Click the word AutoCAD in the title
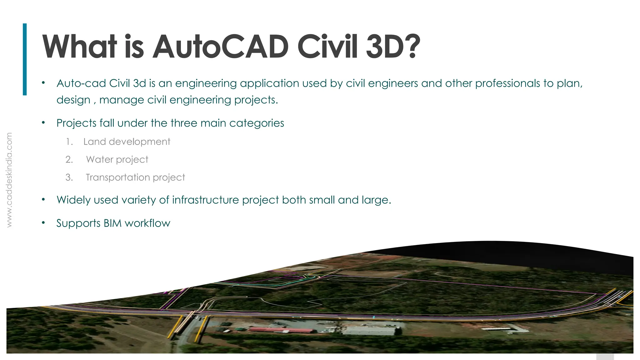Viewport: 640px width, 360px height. [220, 47]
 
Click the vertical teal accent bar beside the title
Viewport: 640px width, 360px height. [25, 59]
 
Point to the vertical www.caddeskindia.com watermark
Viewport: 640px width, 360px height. [9, 180]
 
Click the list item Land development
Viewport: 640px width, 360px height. [127, 142]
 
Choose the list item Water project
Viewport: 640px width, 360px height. [117, 160]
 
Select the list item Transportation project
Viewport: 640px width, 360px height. [135, 177]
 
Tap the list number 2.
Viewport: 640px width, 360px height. [69, 160]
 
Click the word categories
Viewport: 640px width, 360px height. [257, 123]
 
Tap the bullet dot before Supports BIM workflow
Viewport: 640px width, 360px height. [43, 223]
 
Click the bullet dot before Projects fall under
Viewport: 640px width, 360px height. [43, 123]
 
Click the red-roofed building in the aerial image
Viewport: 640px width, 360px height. [281, 330]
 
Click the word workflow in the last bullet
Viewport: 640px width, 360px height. [147, 223]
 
